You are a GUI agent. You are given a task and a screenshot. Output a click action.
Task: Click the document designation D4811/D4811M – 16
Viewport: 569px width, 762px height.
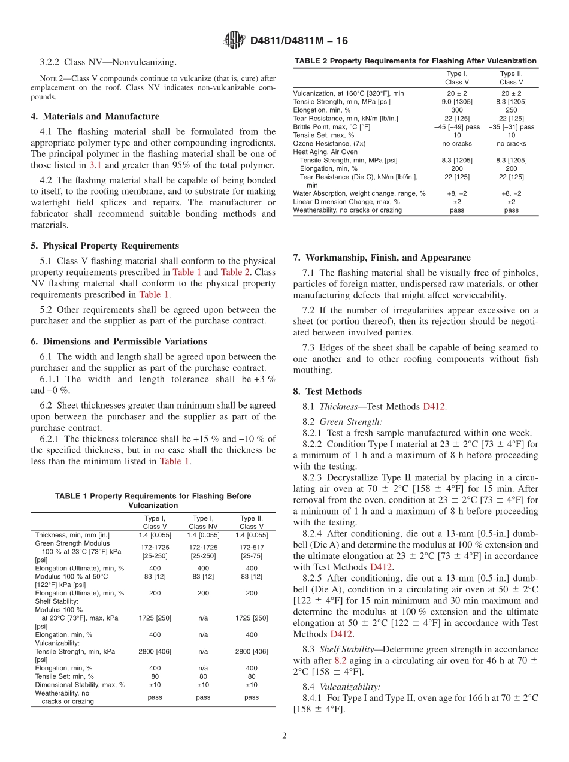point(298,41)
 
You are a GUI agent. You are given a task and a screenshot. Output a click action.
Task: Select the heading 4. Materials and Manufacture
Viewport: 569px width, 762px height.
point(95,116)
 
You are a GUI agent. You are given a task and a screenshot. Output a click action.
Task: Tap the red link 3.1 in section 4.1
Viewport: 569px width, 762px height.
point(95,165)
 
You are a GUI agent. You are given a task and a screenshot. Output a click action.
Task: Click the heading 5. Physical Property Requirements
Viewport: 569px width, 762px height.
point(105,246)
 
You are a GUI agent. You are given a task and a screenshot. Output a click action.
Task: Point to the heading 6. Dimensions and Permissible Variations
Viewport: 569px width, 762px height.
point(119,341)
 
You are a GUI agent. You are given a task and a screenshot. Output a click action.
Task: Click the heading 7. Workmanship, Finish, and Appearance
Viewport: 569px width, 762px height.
point(382,258)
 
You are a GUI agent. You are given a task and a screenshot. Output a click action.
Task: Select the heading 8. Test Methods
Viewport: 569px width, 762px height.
point(327,391)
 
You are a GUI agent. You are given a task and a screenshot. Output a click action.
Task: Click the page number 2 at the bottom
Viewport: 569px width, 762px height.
point(284,736)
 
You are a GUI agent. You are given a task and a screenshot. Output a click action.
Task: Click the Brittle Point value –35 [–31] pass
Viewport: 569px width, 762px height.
point(512,127)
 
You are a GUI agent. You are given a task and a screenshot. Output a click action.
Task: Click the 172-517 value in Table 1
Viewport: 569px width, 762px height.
point(252,548)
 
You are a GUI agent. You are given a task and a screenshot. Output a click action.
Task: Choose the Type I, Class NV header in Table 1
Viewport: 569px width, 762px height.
point(203,522)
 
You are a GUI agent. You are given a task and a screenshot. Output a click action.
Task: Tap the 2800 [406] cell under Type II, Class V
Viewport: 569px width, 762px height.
point(252,651)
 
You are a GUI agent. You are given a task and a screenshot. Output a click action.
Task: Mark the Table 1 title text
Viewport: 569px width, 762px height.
point(153,501)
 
